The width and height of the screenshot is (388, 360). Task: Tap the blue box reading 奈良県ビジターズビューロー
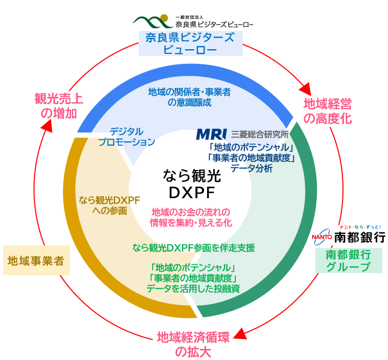point(190,43)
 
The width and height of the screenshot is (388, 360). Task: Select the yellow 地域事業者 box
point(36,260)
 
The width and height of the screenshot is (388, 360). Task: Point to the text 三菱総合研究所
point(260,135)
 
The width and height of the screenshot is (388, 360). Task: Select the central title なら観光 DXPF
point(193,184)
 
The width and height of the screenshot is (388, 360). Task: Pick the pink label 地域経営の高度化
point(328,110)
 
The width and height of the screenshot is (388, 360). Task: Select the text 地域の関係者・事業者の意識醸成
point(189,97)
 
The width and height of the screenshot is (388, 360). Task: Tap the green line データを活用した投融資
point(193,288)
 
